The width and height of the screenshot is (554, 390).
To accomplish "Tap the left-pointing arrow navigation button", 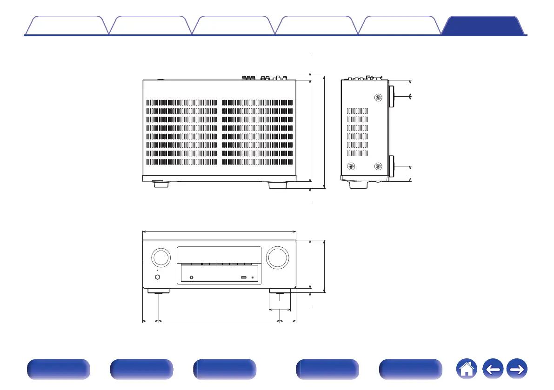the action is click(494, 370).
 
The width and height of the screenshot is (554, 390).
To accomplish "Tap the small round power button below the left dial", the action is click(157, 278).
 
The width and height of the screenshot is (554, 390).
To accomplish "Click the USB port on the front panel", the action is click(244, 278).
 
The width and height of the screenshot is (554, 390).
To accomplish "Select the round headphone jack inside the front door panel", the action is click(191, 278).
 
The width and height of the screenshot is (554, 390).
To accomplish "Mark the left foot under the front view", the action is click(158, 291).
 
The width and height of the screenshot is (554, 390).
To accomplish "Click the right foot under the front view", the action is click(280, 291).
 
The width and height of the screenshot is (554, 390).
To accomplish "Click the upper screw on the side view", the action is click(378, 98).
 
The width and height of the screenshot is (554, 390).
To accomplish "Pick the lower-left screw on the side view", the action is click(351, 166).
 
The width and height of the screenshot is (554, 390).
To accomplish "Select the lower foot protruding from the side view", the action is click(392, 166).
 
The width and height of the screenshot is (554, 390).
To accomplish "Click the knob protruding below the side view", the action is click(359, 185).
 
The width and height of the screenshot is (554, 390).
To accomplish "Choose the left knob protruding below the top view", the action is click(159, 184).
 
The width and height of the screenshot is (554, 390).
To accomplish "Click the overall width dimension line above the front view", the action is click(219, 231).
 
